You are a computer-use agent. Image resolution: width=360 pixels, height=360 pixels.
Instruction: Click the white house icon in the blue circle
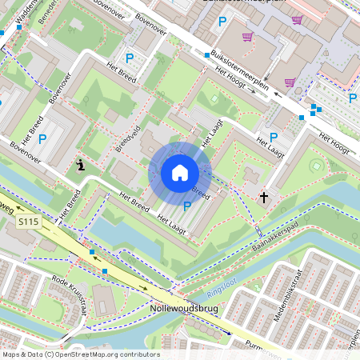click(x=180, y=172)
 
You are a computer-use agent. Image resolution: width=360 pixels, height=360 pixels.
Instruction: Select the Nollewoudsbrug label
click(x=184, y=307)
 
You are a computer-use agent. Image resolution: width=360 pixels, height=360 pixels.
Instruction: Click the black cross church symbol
click(x=263, y=196)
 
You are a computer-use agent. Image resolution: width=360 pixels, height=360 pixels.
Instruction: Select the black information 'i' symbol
click(x=81, y=166)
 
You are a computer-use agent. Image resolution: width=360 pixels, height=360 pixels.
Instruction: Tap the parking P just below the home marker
click(x=187, y=206)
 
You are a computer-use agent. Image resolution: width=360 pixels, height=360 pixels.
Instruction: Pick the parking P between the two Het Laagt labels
click(x=274, y=138)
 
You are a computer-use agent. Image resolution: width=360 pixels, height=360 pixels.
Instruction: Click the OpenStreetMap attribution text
click(x=81, y=354)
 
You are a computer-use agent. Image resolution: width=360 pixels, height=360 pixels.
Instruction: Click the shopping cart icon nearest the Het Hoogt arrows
click(x=289, y=82)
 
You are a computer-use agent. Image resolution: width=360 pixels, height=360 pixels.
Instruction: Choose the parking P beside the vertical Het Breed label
click(x=42, y=139)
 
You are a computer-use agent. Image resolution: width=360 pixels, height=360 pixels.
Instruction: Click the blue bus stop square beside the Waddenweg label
click(x=17, y=26)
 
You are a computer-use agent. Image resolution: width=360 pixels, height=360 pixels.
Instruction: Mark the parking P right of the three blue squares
click(x=353, y=98)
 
